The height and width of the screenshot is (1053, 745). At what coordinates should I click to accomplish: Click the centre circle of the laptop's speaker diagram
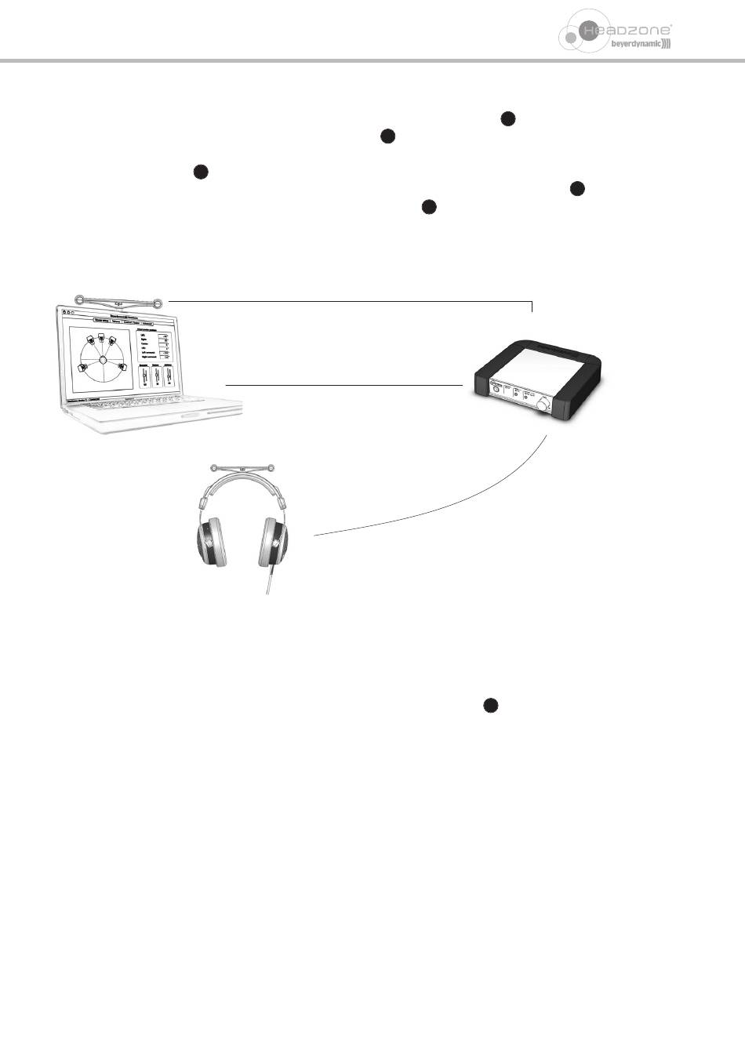click(103, 360)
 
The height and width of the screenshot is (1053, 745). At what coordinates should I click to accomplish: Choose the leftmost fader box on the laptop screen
click(145, 376)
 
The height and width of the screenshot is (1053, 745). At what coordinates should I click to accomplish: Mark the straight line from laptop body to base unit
click(343, 385)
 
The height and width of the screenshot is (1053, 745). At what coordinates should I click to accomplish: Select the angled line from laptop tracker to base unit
click(353, 300)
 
